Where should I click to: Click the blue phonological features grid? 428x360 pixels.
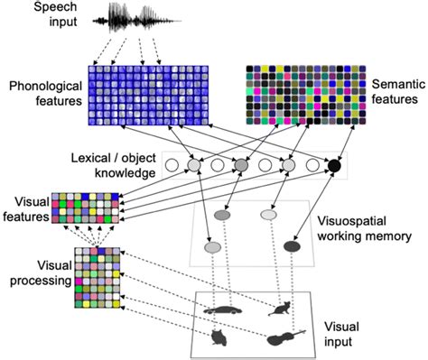pos(148,98)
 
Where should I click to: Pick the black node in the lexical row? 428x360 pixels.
pos(334,166)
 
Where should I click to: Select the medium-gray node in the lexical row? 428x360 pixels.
pos(241,166)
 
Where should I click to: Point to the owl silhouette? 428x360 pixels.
pos(218,338)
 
